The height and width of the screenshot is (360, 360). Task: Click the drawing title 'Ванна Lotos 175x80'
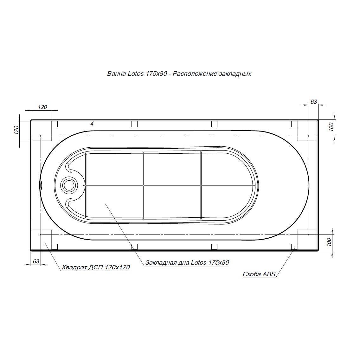point(137,74)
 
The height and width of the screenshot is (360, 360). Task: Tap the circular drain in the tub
point(68,185)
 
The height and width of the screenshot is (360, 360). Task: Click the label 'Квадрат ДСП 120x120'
point(96,267)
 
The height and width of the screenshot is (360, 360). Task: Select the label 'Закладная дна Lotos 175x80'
point(187,262)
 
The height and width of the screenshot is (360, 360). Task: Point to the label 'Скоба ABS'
point(259,274)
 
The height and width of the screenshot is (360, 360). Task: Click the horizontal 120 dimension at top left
point(42,107)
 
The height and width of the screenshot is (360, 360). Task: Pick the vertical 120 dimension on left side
point(16,130)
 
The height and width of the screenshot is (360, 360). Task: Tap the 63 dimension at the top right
point(314,102)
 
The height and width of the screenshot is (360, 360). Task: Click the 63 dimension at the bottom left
point(36,261)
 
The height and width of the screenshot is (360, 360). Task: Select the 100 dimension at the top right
point(331,127)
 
